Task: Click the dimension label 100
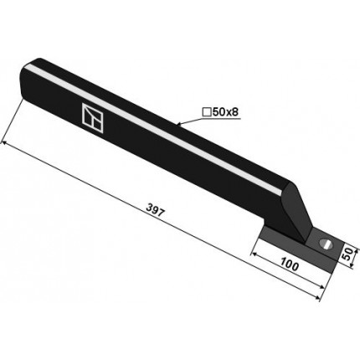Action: [290, 265]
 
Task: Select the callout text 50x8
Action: [225, 112]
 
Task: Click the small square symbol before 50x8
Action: [207, 112]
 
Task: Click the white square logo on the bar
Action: [92, 118]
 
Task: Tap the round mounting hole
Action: [325, 243]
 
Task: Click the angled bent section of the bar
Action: [296, 212]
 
